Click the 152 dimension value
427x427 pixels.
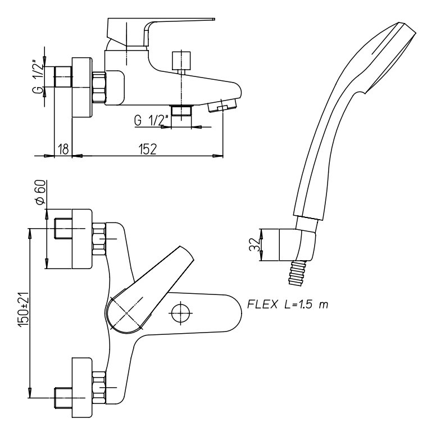tap(148, 149)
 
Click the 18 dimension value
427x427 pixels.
tap(63, 149)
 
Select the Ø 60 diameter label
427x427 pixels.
tap(40, 193)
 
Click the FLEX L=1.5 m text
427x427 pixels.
tap(288, 304)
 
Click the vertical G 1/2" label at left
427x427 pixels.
tap(38, 78)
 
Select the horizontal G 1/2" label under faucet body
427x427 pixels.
tap(151, 120)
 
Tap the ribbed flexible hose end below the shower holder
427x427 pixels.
tap(297, 273)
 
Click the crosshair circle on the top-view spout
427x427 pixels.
tap(181, 313)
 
